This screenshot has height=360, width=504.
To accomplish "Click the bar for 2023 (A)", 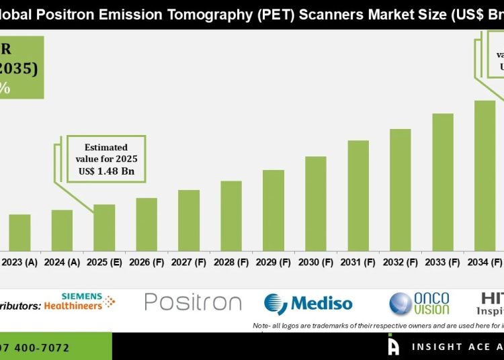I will click(x=19, y=232).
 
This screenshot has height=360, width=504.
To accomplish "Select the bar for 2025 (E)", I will click(x=104, y=227).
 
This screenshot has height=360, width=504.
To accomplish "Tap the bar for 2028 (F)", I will click(x=231, y=215).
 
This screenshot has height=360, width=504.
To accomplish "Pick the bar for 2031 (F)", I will click(x=358, y=195).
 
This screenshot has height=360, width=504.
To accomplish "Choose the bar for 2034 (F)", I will click(x=485, y=175).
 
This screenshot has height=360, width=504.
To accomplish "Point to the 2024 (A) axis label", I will click(x=62, y=262).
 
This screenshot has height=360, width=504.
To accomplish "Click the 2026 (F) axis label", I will click(x=146, y=262).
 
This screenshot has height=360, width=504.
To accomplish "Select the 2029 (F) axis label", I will click(x=274, y=262).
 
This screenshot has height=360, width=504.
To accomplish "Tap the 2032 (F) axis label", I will click(x=401, y=262).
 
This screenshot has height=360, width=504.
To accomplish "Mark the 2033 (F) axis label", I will click(x=443, y=262).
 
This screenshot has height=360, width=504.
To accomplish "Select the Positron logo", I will click(x=193, y=302).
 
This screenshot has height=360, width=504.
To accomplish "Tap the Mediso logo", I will click(x=308, y=304).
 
